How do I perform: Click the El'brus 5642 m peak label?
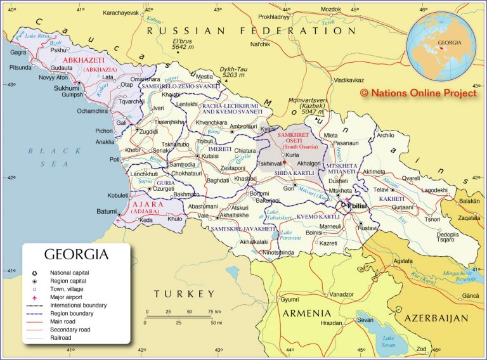183,44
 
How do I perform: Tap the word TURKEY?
184,293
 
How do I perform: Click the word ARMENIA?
306,314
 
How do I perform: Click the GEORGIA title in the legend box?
76,255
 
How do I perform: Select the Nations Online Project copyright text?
418,93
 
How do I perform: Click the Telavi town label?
380,190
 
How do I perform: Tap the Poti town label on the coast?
115,160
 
